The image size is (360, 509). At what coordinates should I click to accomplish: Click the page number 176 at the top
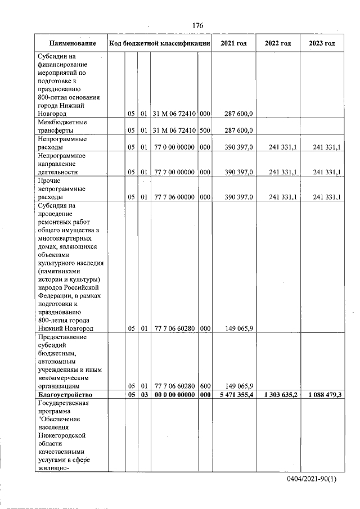click(197, 26)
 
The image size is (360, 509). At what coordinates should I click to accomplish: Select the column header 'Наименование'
click(71, 43)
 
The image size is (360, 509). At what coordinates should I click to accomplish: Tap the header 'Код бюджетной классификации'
click(160, 43)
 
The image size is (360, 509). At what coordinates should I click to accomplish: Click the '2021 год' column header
click(233, 43)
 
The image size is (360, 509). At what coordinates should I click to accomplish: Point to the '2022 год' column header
click(278, 43)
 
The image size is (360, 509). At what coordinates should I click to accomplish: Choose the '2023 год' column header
click(322, 43)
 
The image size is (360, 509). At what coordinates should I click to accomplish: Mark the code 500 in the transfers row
click(205, 130)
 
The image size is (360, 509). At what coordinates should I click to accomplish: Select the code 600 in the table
click(205, 386)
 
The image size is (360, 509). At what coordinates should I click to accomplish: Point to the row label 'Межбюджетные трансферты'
click(59, 126)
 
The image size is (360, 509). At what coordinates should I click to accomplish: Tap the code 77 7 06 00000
click(174, 197)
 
